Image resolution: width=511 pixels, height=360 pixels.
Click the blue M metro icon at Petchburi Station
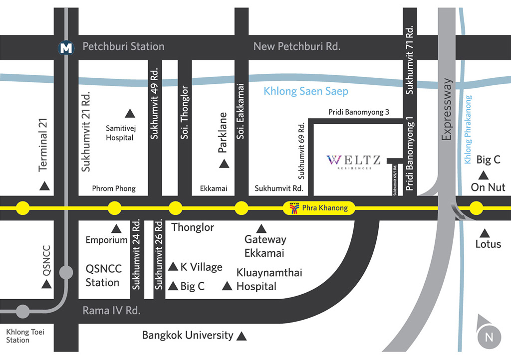tap(66, 48)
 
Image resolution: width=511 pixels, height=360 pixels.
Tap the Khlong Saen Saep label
tap(306, 91)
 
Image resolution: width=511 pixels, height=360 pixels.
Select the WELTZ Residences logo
tap(354, 162)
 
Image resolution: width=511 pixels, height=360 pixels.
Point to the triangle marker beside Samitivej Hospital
tap(130, 113)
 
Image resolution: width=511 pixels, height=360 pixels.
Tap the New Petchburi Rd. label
tap(297, 46)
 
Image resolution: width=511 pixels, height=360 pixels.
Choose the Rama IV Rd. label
tap(111, 311)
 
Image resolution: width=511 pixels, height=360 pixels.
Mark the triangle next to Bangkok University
tap(241, 336)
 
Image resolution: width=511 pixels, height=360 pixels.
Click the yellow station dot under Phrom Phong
tap(114, 208)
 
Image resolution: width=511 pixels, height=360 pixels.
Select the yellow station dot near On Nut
tap(476, 208)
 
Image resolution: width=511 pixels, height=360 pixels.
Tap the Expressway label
tap(447, 109)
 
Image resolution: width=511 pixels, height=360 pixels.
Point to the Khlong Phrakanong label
tap(468, 130)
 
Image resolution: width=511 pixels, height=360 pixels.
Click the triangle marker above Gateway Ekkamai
tap(261, 229)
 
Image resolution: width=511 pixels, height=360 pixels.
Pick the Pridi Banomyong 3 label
tap(358, 112)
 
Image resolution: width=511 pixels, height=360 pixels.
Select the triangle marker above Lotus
tap(485, 233)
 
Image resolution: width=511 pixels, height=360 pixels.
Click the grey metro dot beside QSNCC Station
tap(66, 272)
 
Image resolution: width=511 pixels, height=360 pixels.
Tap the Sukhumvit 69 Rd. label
tap(301, 151)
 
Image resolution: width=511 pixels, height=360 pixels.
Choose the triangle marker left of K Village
tap(173, 267)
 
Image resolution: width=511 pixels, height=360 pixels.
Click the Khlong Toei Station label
tap(25, 336)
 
